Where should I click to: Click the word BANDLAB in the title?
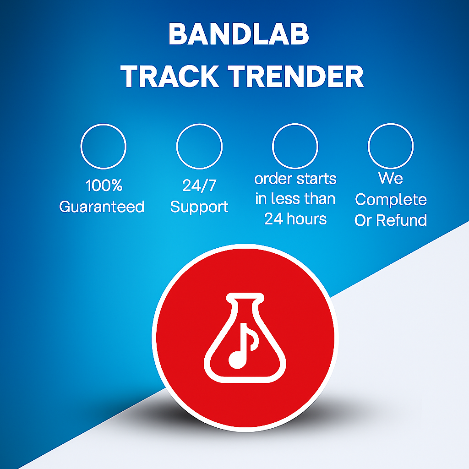238,34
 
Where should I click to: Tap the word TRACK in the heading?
170,76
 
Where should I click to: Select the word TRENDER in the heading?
295,76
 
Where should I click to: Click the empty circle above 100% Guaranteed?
103,124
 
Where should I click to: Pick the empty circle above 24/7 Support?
199,124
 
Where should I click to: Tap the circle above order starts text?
295,124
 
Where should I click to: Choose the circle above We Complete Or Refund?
391,124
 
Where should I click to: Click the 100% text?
104,185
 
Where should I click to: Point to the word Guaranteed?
102,207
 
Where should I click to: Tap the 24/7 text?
199,185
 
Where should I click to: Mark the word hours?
306,219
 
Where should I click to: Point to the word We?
391,178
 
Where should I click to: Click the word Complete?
391,200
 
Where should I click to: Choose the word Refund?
401,220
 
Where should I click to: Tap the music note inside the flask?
241,346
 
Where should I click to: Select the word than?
320,199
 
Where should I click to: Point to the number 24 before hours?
274,219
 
